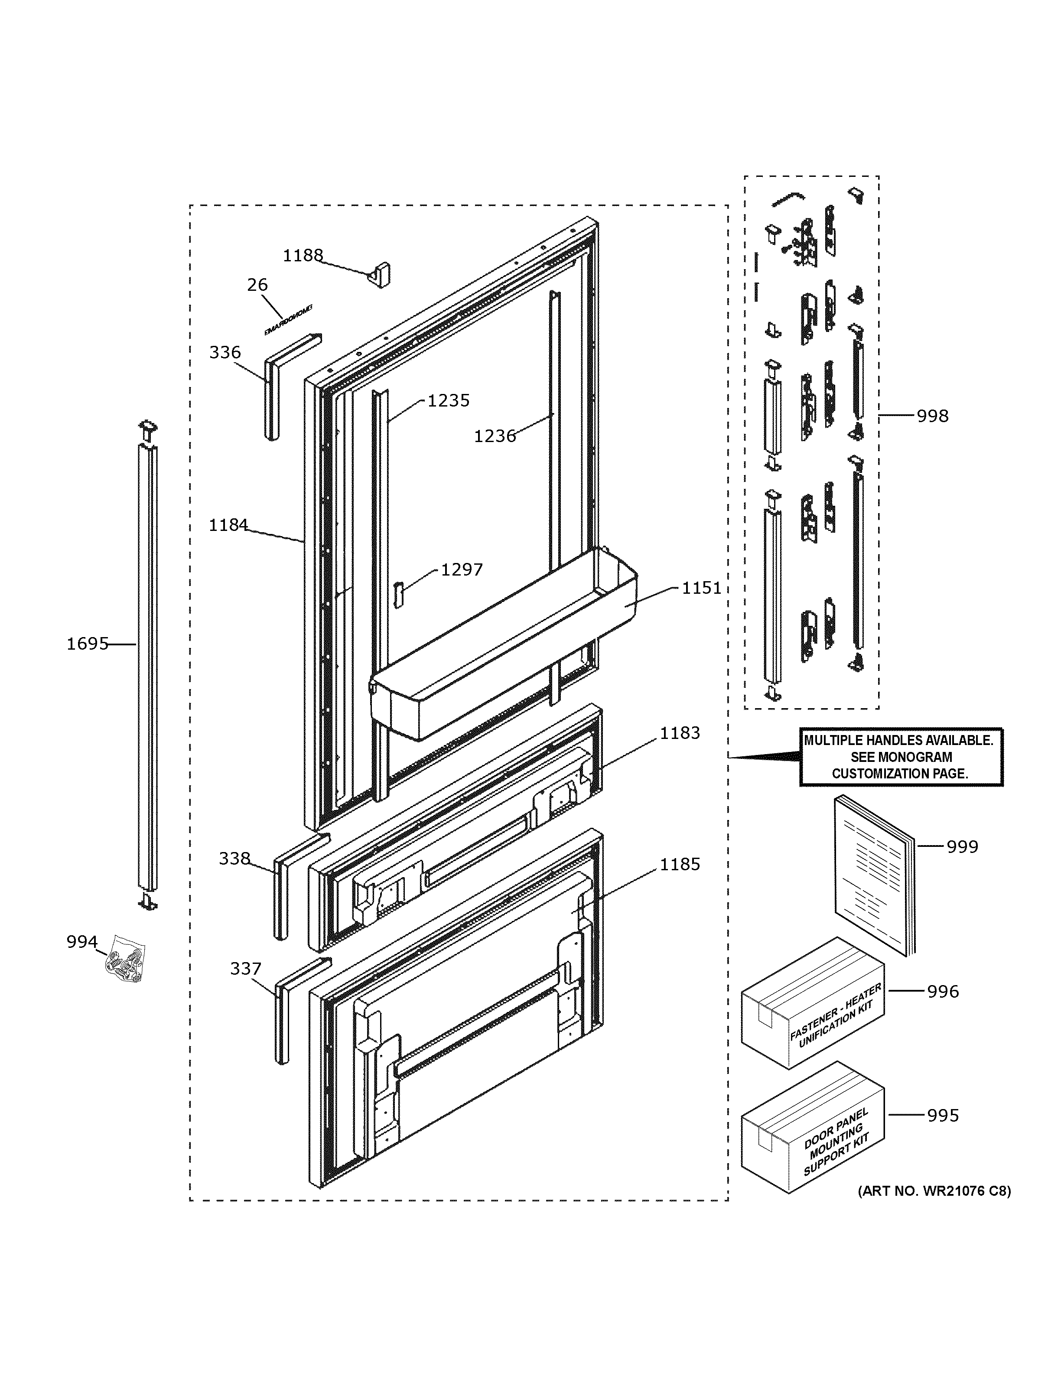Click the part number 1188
click(x=303, y=255)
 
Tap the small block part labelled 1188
click(x=380, y=275)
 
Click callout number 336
click(x=225, y=353)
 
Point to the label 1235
click(x=448, y=400)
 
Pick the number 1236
click(x=495, y=436)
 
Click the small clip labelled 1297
click(x=397, y=594)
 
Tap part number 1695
click(x=88, y=644)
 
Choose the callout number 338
click(x=234, y=858)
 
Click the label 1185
click(x=680, y=865)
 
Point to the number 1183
click(x=680, y=733)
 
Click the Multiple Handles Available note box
click(x=900, y=757)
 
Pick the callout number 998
click(x=932, y=416)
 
